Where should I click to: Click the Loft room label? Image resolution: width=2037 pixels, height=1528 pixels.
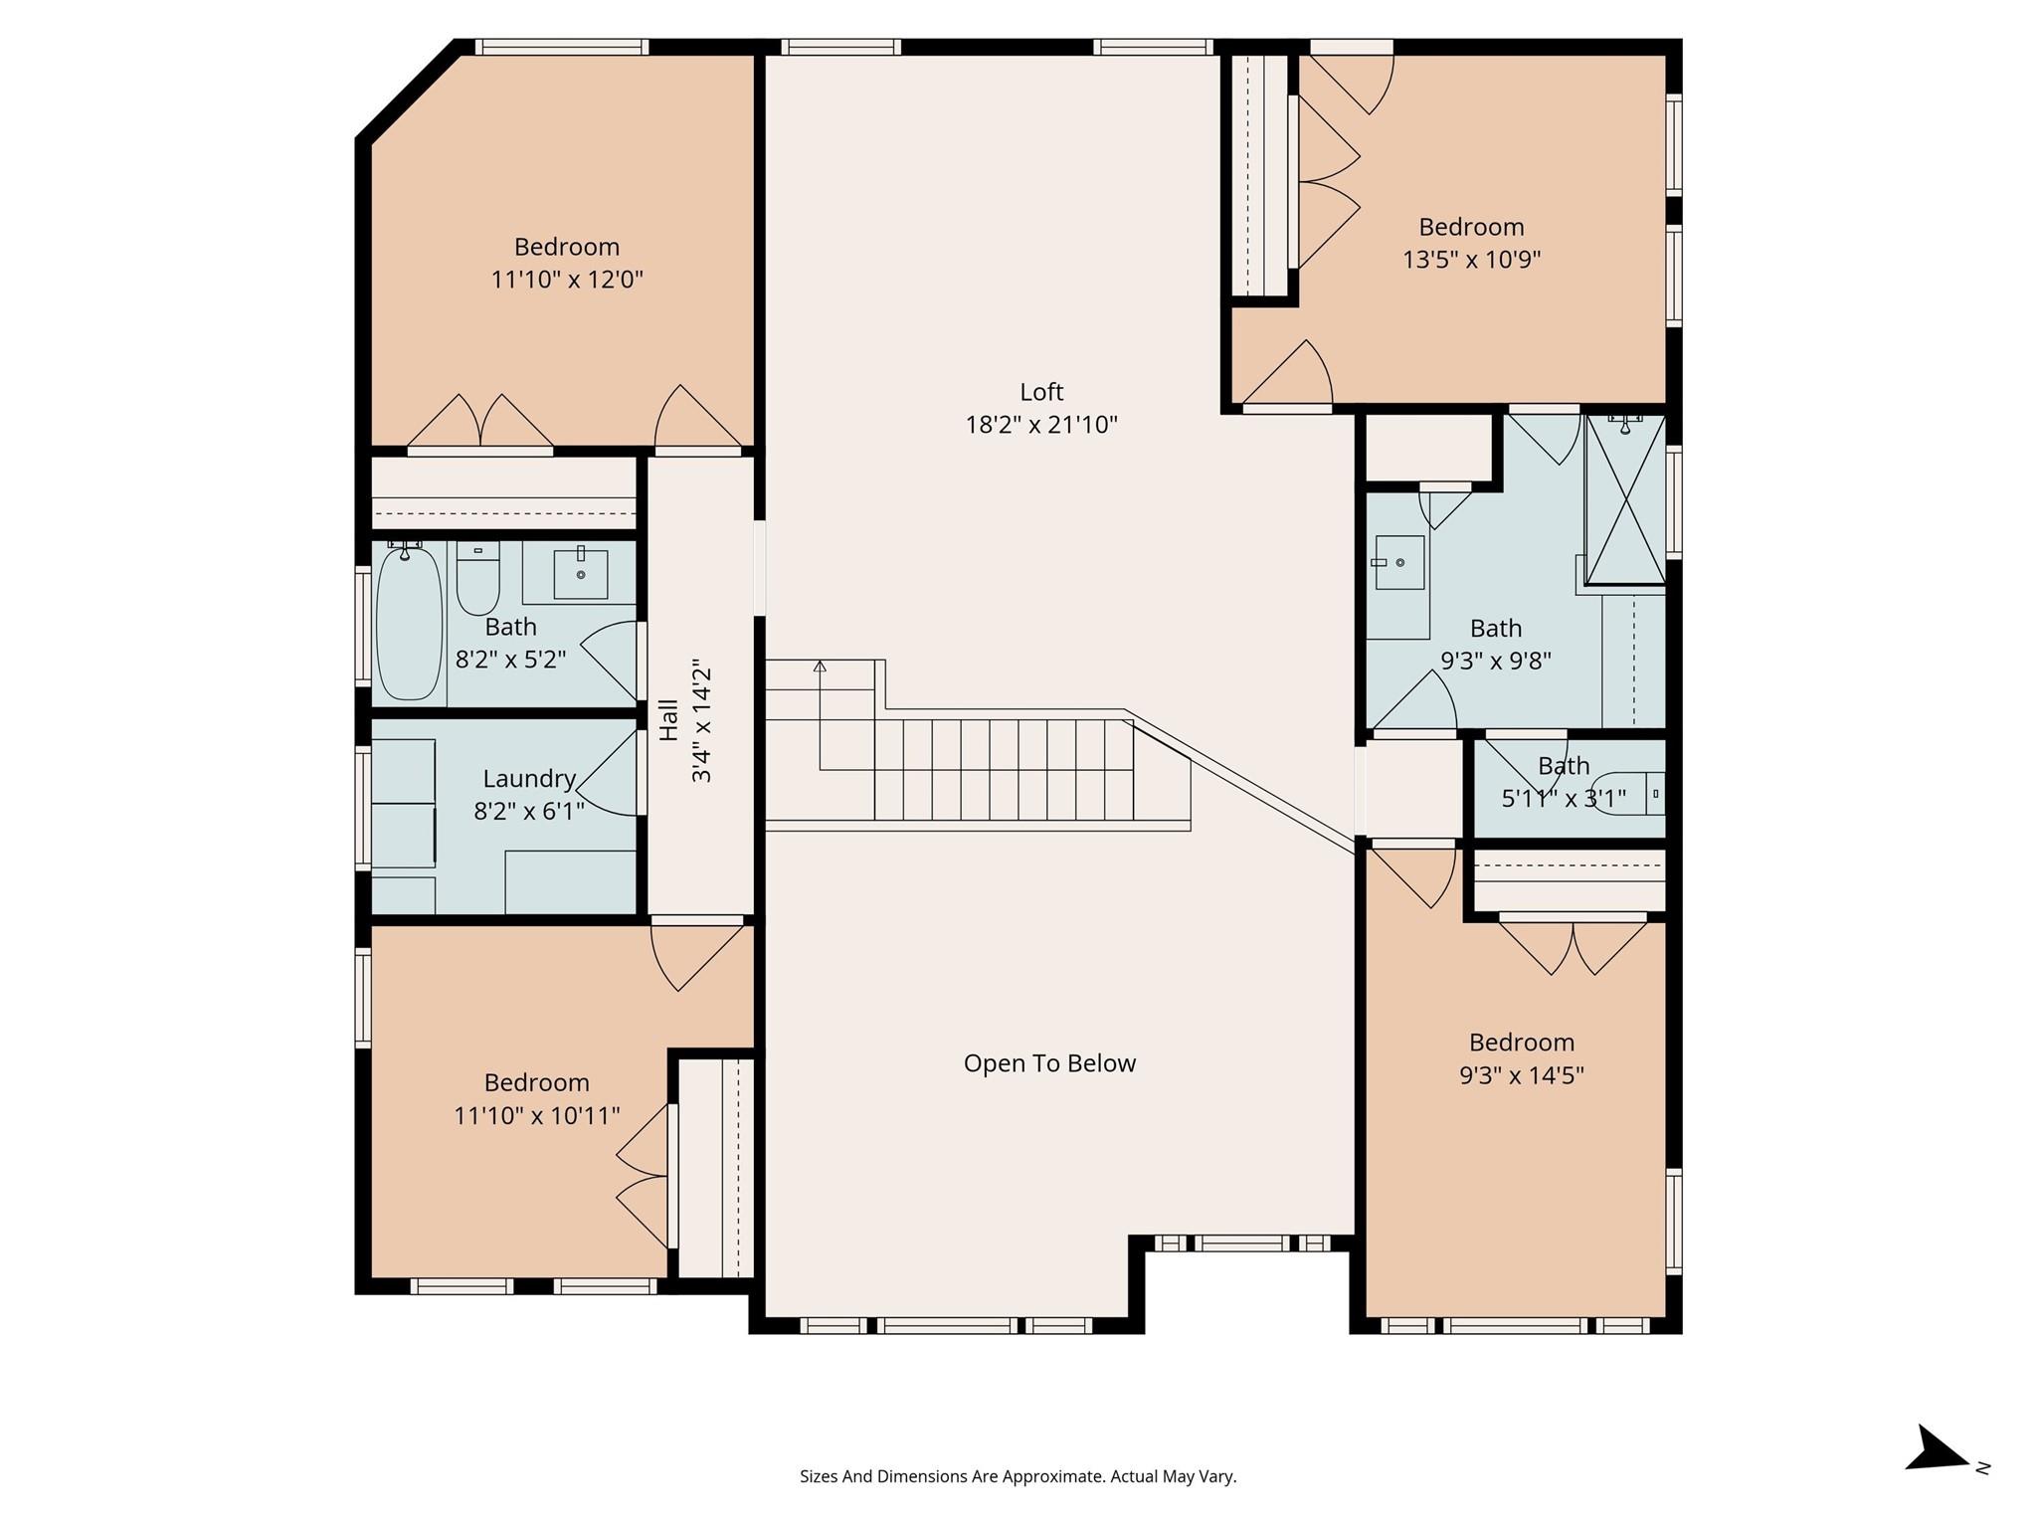(x=1041, y=392)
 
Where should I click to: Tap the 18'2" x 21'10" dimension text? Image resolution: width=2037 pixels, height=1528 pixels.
(x=1041, y=425)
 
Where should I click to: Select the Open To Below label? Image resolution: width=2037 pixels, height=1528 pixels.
(x=1049, y=1063)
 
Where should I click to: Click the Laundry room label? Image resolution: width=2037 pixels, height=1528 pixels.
(x=529, y=780)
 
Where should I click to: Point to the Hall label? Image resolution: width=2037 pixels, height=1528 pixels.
(x=668, y=720)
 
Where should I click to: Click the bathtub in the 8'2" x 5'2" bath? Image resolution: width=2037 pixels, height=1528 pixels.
(x=408, y=623)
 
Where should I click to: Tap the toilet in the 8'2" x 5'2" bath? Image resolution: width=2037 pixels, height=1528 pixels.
(x=477, y=579)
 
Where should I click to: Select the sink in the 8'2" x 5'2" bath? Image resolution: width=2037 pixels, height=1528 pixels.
(x=581, y=574)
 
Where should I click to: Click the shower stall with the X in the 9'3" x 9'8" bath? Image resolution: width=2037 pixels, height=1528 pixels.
(x=1624, y=499)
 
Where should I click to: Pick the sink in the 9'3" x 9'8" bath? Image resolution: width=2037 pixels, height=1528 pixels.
(x=1399, y=562)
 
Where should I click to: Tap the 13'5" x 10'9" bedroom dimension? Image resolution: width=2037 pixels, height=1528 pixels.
(x=1471, y=260)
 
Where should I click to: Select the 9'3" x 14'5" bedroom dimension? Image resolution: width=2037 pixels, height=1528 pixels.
(x=1521, y=1075)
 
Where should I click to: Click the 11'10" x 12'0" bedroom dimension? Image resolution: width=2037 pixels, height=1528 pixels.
(x=567, y=280)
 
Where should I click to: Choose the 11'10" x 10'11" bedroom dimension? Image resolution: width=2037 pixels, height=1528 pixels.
(x=537, y=1115)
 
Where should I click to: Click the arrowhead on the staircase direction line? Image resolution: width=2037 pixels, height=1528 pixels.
(x=820, y=666)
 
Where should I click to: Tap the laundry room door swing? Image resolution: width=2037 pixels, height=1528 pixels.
(x=607, y=773)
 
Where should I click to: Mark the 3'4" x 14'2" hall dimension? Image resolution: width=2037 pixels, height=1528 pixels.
(x=701, y=720)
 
